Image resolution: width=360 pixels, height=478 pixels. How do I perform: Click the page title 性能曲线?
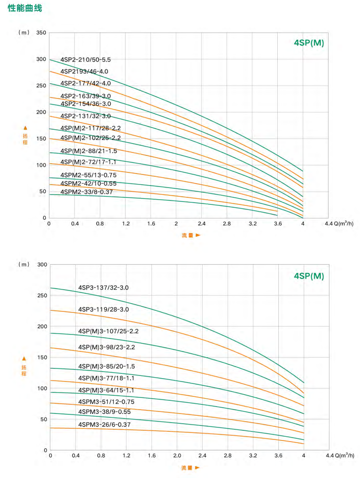25,8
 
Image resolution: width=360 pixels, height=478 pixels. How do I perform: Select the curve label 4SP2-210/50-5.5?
85,60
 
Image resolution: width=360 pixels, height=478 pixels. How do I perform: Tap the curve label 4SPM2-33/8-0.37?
86,192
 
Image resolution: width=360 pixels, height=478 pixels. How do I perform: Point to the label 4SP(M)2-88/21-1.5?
89,151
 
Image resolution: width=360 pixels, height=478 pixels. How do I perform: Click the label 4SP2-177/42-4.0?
85,83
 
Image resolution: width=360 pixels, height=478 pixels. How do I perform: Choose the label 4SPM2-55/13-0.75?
88,175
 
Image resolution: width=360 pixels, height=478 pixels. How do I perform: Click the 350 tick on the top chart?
41,33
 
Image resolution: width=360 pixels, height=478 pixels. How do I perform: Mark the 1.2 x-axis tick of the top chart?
126,224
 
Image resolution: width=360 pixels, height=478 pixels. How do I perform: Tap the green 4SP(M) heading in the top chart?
309,43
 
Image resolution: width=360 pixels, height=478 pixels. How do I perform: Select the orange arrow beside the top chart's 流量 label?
198,235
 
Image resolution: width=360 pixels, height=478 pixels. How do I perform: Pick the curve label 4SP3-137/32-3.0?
103,288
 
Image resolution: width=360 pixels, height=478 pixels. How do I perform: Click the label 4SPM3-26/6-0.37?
104,425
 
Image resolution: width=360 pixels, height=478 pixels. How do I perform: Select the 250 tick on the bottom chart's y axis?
42,295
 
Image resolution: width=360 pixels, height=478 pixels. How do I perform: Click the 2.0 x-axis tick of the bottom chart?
177,456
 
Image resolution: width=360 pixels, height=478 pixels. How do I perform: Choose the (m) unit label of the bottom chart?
24,265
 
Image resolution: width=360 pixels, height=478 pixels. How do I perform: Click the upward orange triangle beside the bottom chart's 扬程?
24,359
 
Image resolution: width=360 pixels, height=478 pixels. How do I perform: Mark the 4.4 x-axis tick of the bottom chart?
330,456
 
